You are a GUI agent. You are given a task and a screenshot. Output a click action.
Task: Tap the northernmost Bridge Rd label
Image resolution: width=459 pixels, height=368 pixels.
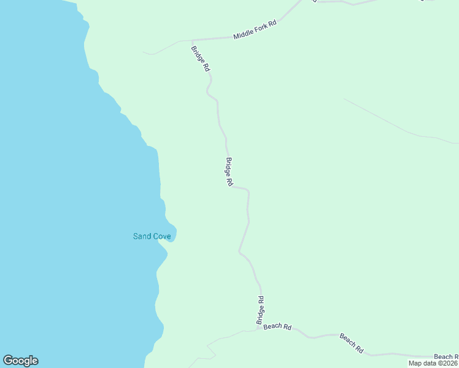click(x=200, y=59)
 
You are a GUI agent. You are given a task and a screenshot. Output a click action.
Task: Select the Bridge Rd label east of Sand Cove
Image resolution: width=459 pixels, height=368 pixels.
click(x=228, y=172)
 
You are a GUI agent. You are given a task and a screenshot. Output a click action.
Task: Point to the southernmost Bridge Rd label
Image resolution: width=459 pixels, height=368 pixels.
click(x=260, y=310)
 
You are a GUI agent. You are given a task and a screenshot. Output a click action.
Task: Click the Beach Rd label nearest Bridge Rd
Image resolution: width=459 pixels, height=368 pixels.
click(x=277, y=326)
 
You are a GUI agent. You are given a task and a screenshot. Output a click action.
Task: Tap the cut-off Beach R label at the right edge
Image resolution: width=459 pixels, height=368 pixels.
click(x=445, y=357)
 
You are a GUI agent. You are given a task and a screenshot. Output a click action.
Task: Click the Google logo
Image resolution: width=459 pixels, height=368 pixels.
click(x=20, y=361)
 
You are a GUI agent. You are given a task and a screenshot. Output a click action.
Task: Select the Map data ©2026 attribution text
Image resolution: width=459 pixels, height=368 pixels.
click(x=433, y=363)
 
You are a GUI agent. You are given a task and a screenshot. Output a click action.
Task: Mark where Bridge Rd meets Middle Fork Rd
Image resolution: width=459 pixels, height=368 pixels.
click(x=193, y=40)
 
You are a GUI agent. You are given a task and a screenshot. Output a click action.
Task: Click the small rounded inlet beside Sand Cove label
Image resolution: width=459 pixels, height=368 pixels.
click(x=171, y=234)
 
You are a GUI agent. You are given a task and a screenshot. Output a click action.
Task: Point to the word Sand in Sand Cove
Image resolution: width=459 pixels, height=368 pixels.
click(x=141, y=236)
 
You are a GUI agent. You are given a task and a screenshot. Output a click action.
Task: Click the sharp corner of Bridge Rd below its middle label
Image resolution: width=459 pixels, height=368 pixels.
click(x=248, y=191)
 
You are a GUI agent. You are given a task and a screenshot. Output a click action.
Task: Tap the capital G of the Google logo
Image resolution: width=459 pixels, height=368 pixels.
click(x=8, y=361)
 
